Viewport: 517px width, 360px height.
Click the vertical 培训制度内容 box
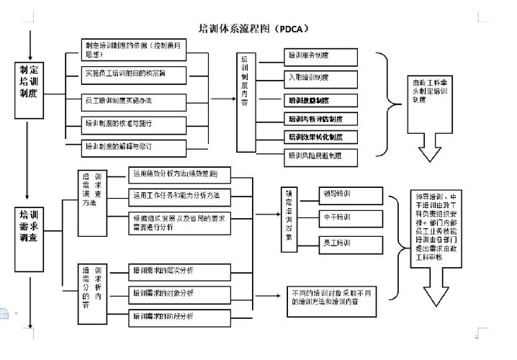click(246, 81)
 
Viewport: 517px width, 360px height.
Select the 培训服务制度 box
click(320, 55)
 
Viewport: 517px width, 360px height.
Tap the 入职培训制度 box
click(320, 76)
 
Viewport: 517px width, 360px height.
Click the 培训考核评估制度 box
click(320, 118)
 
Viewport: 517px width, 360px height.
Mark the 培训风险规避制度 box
click(320, 155)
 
